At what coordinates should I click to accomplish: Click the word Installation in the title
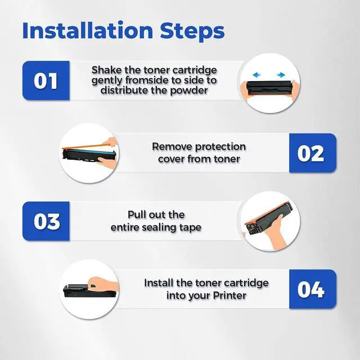click(88, 30)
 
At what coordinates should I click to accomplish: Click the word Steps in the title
click(192, 31)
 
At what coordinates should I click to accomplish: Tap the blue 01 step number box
click(46, 80)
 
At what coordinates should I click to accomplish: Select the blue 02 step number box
click(313, 153)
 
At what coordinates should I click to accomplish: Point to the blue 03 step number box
click(46, 221)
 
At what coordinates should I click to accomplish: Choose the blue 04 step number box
click(313, 289)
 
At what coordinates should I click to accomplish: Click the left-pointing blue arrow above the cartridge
click(256, 75)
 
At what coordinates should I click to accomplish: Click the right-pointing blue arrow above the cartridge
click(281, 75)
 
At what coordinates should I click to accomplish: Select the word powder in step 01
click(189, 91)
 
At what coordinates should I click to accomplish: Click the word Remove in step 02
click(172, 146)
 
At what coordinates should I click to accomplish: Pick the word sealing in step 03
click(158, 228)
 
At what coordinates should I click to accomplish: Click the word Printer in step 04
click(229, 295)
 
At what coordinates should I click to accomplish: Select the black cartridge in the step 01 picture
click(269, 88)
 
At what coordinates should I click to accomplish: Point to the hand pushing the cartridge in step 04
click(103, 283)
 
